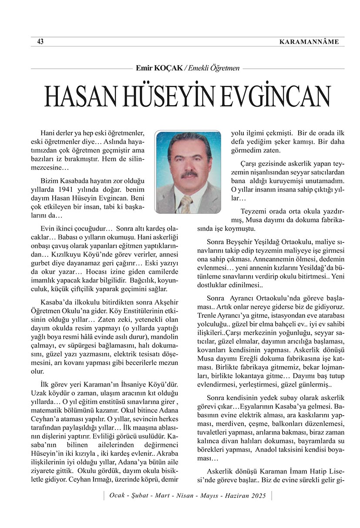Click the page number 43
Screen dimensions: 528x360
40,42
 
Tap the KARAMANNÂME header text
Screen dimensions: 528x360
311,42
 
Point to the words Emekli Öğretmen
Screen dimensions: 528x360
213,68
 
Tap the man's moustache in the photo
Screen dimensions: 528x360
189,175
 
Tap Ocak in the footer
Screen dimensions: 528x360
118,496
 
